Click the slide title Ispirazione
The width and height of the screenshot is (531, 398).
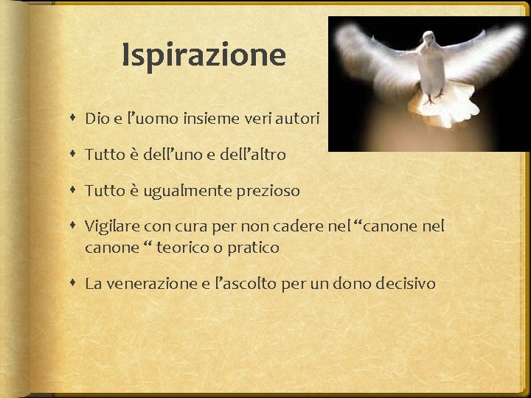coord(204,55)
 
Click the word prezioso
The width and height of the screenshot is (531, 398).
coord(270,191)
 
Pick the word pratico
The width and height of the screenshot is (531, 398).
coord(253,248)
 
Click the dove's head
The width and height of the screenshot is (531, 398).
coord(428,36)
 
